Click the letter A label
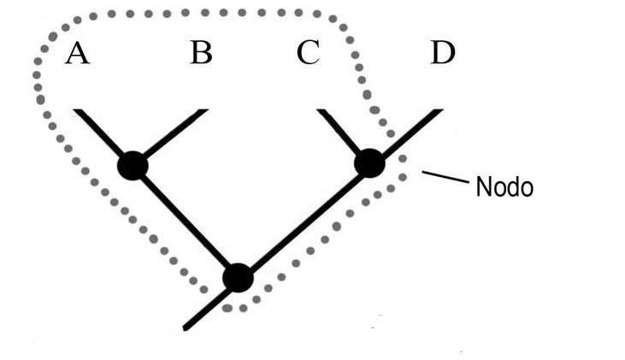point(77,54)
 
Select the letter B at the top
point(201,54)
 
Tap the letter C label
point(308,54)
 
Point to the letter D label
point(442,54)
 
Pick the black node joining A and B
point(133,164)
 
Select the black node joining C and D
point(369,162)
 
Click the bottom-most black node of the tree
point(238,278)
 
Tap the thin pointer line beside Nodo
point(445,179)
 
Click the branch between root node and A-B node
point(185,221)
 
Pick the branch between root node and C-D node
point(304,221)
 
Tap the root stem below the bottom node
point(209,304)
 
